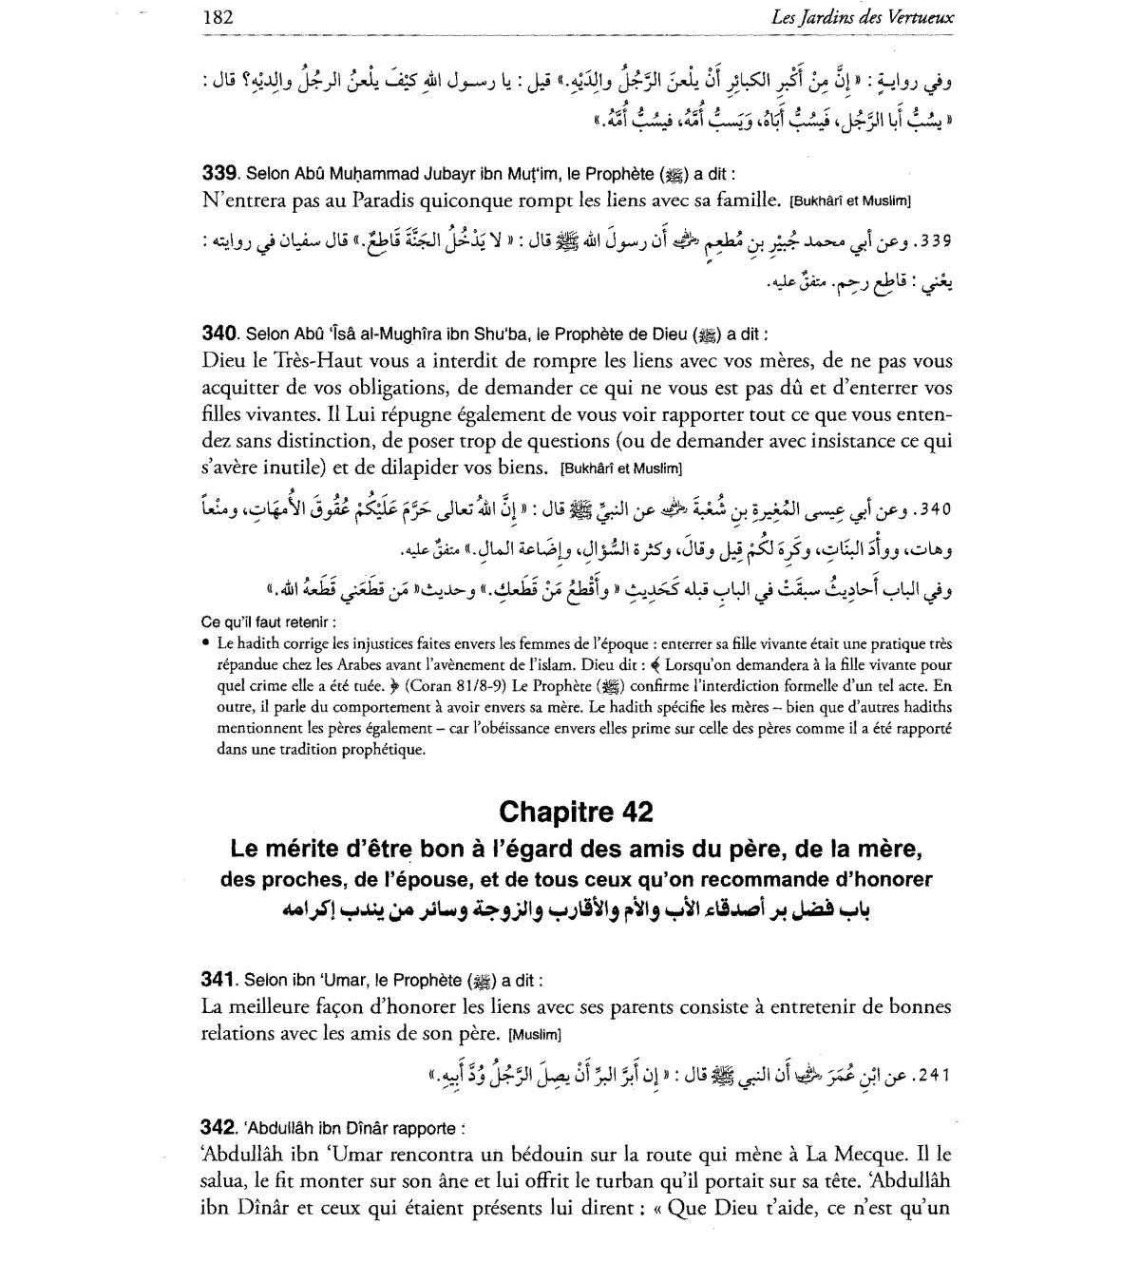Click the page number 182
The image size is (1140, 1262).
coord(218,17)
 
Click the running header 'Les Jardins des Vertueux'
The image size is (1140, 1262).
coord(877,17)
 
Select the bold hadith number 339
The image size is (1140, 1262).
coord(218,175)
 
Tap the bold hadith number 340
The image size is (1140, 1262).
coord(218,334)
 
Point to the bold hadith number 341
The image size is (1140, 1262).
coord(218,980)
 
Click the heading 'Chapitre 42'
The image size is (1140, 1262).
coord(576,812)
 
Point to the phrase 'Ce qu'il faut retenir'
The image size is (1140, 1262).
coord(267,622)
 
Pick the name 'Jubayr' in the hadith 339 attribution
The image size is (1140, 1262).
coord(409,175)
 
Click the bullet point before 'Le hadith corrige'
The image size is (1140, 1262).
coord(207,644)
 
